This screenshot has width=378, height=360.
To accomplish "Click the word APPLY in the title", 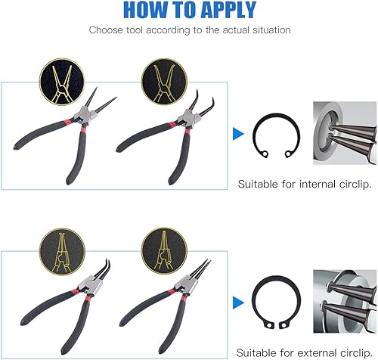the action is click(x=229, y=10).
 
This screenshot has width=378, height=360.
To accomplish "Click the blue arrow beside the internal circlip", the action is click(x=238, y=134).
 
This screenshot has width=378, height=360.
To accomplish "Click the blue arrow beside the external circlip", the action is click(x=238, y=303).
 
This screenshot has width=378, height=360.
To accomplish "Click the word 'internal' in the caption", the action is click(x=318, y=184).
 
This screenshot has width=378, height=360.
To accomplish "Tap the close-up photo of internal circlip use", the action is click(x=345, y=133).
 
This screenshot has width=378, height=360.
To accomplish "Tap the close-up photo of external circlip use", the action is click(x=345, y=301).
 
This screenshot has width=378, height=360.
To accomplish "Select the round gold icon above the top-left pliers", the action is click(x=62, y=82).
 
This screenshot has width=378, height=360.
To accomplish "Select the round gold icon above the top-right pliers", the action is click(x=164, y=82).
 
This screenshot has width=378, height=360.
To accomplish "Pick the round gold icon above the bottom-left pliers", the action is click(x=62, y=252).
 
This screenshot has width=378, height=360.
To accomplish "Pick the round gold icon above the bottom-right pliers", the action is click(x=164, y=251).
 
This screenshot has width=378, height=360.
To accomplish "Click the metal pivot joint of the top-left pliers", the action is click(x=85, y=116).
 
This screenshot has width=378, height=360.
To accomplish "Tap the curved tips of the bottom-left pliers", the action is click(x=104, y=269).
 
